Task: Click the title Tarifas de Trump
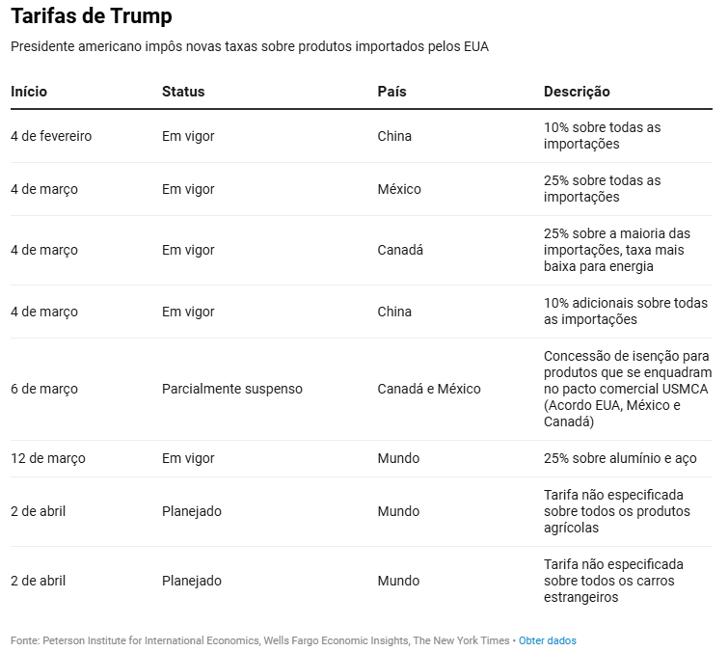[x=92, y=16]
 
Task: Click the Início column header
[x=29, y=92]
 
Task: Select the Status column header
[x=183, y=92]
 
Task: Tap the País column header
[x=391, y=92]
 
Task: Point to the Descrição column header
[x=577, y=92]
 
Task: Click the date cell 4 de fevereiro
[x=51, y=136]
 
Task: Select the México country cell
[x=399, y=189]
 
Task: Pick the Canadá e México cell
[x=428, y=389]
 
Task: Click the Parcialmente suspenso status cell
[x=231, y=389]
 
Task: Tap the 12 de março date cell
[x=48, y=458]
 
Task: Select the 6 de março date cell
[x=44, y=389]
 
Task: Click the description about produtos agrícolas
[x=617, y=511]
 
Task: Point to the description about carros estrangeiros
[x=613, y=581]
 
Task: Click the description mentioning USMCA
[x=627, y=389]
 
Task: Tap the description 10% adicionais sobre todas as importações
[x=626, y=312]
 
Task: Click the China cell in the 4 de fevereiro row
[x=394, y=136]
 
